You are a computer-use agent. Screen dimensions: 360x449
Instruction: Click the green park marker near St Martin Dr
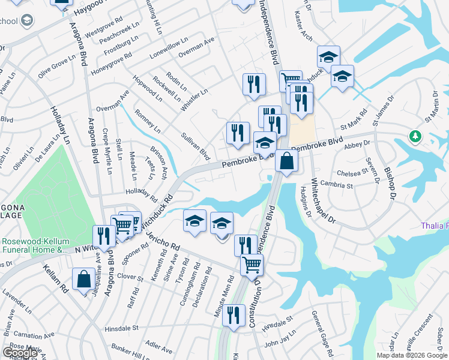415,136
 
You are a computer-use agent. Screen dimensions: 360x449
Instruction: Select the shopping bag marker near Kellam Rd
83,280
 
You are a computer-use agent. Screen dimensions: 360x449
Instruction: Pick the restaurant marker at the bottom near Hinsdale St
234,315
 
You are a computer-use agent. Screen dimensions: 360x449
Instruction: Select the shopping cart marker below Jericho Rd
252,265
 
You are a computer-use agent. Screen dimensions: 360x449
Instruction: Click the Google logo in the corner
20,353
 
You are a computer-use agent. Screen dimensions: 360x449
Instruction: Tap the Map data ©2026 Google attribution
412,355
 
